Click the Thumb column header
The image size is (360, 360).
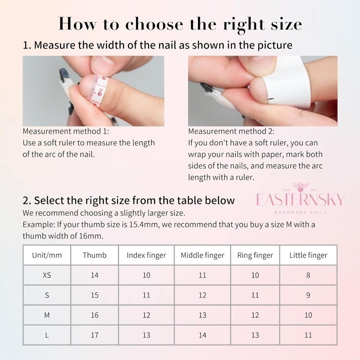click(x=94, y=255)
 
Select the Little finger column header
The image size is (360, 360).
click(x=308, y=255)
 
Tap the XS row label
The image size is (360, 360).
click(x=47, y=275)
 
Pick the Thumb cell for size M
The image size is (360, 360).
click(x=94, y=315)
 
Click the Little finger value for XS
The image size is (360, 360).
click(x=308, y=275)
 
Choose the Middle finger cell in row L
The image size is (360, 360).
click(x=202, y=335)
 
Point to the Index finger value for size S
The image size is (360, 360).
click(x=146, y=295)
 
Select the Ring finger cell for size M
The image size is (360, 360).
click(x=255, y=315)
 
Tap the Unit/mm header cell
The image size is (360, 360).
click(x=47, y=255)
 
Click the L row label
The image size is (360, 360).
click(x=47, y=335)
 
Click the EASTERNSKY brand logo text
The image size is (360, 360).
click(x=300, y=199)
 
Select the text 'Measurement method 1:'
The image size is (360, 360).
click(x=66, y=131)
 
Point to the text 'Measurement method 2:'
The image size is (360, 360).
click(x=231, y=131)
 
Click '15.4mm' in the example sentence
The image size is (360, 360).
click(x=144, y=224)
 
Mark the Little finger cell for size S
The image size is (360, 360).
click(x=308, y=295)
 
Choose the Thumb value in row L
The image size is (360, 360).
click(x=94, y=335)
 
